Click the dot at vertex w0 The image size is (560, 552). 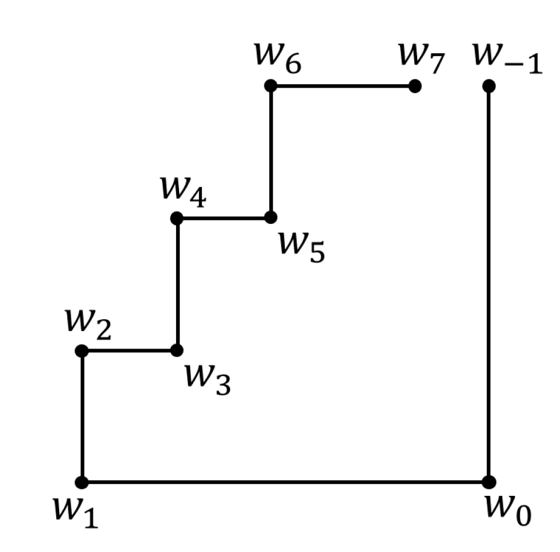[x=489, y=482]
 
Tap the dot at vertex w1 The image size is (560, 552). [x=82, y=482]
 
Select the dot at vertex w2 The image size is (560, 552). [x=82, y=350]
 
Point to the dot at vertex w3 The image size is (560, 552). [x=177, y=350]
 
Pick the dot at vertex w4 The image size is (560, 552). [x=177, y=218]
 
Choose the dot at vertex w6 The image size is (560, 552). [x=270, y=86]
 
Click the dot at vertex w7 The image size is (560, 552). [x=415, y=86]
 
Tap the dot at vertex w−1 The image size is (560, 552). [x=489, y=86]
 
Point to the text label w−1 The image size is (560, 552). [x=507, y=58]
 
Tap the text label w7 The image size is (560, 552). [x=421, y=58]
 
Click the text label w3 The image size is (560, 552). [x=207, y=379]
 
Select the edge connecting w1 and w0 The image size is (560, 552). [x=286, y=482]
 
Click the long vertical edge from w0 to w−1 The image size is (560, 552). [x=489, y=284]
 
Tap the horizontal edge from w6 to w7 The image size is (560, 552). [x=342, y=86]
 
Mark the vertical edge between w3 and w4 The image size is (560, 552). [x=177, y=284]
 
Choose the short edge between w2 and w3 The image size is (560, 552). [x=129, y=350]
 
